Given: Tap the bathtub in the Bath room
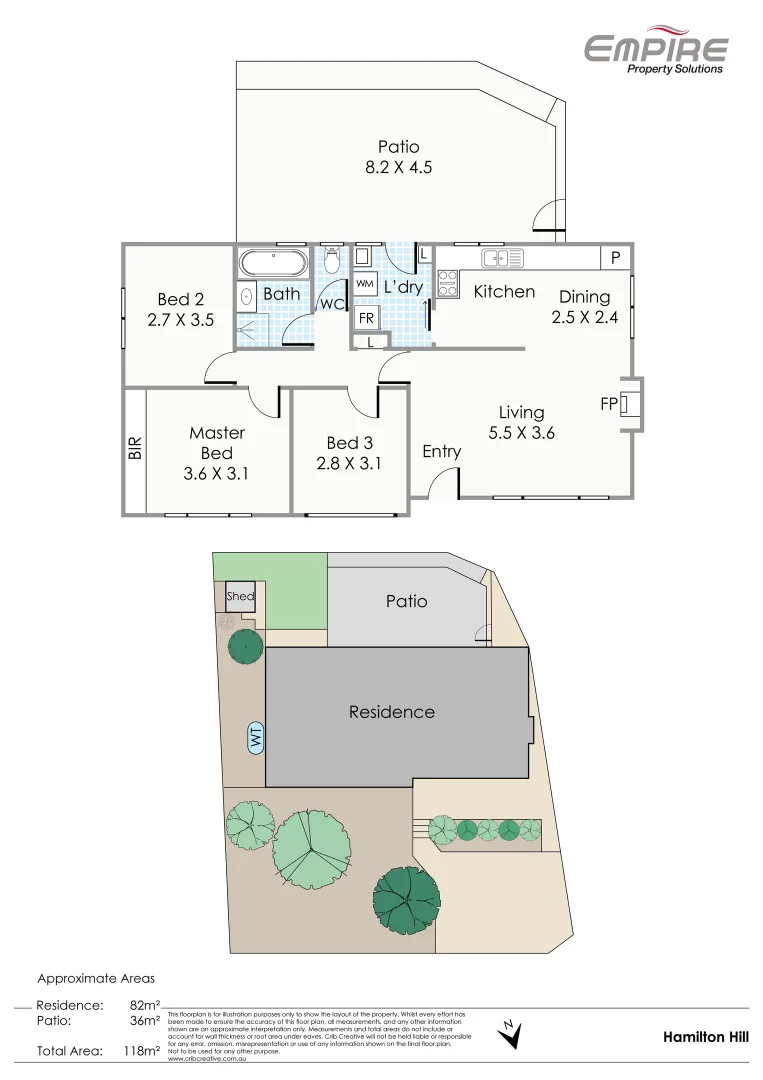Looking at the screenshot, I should click(273, 263).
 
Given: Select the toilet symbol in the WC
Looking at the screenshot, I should click(333, 261).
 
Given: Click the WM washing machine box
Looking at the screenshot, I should click(365, 284).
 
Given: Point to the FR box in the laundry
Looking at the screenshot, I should click(367, 318).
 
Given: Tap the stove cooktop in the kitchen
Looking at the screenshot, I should click(446, 284).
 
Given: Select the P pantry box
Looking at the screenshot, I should click(616, 258).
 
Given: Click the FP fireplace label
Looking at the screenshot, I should click(607, 404).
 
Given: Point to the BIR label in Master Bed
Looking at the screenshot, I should click(135, 447).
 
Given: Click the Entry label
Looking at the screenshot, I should click(441, 451).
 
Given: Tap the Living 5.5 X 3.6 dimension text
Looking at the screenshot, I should click(521, 433).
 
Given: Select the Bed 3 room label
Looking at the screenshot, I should click(350, 442).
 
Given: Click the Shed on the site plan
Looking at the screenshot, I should click(240, 597).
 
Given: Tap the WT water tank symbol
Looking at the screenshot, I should click(256, 739).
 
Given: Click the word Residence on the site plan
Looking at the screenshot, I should click(391, 712).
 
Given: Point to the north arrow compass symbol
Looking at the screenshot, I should click(510, 1033).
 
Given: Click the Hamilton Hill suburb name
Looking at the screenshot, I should click(705, 1038).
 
